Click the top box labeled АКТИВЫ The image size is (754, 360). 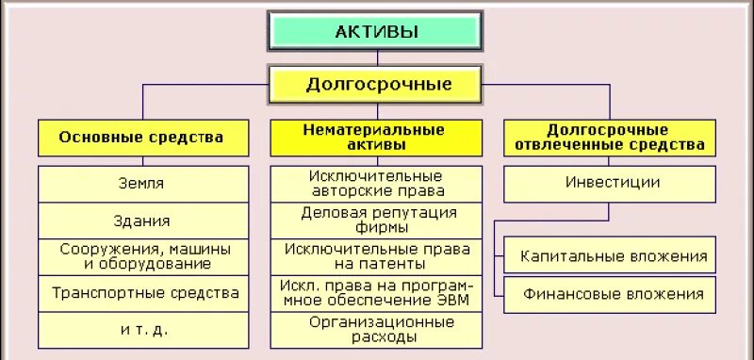[x=376, y=31]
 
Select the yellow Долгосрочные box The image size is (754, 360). [x=377, y=84]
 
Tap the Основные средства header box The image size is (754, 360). [x=141, y=138]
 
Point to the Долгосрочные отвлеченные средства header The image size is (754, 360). [x=608, y=138]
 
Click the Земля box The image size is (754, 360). [x=141, y=184]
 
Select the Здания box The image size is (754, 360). [x=141, y=221]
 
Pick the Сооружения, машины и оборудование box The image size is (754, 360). [x=141, y=257]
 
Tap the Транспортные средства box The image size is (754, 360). [x=141, y=293]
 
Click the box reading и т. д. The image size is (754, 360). [x=141, y=330]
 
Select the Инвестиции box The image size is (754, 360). [x=608, y=183]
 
